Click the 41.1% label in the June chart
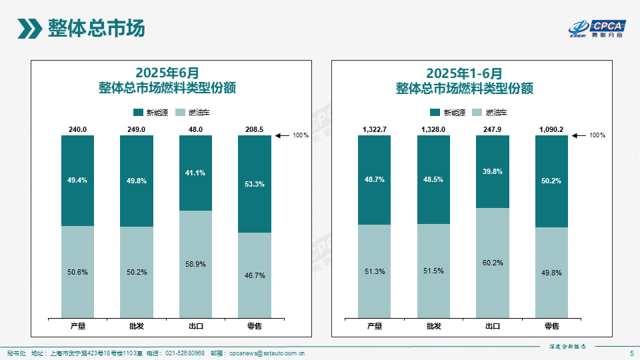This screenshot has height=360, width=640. click(x=196, y=173)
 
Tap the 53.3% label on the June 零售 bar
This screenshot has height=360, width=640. click(x=255, y=184)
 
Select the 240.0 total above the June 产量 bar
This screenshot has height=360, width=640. click(x=78, y=129)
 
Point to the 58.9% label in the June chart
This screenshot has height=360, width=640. click(x=196, y=264)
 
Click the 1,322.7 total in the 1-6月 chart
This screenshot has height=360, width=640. click(x=374, y=129)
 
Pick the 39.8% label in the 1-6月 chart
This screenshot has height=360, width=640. click(x=492, y=171)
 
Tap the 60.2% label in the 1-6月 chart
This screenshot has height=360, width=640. click(x=492, y=263)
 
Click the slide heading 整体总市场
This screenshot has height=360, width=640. click(x=96, y=29)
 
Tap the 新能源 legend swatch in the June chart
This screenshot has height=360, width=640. click(x=139, y=113)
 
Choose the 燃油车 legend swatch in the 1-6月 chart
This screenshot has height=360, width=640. click(x=477, y=113)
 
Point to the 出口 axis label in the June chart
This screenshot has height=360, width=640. click(x=196, y=326)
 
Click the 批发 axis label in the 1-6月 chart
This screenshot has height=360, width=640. click(x=433, y=326)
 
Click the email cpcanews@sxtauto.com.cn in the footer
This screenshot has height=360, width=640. click(x=267, y=353)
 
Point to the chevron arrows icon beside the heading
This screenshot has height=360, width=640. click(x=30, y=29)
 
